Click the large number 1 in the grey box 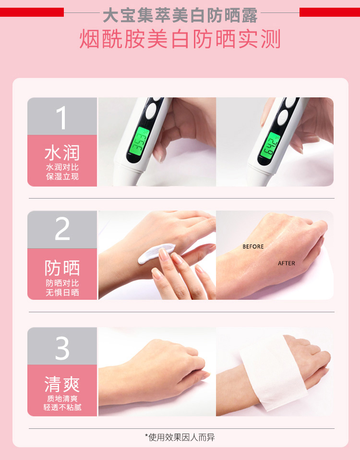61,118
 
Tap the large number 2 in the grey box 62,228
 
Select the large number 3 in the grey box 62,348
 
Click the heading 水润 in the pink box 62,153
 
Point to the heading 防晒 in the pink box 62,268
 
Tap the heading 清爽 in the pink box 62,384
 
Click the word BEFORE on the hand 253,247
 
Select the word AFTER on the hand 286,263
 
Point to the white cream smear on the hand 156,253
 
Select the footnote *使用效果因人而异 180,437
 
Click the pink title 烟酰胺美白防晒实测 180,39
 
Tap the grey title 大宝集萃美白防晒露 180,15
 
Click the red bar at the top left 32,12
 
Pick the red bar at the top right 329,12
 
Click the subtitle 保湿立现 62,177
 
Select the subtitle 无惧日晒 62,292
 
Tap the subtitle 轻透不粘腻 62,407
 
